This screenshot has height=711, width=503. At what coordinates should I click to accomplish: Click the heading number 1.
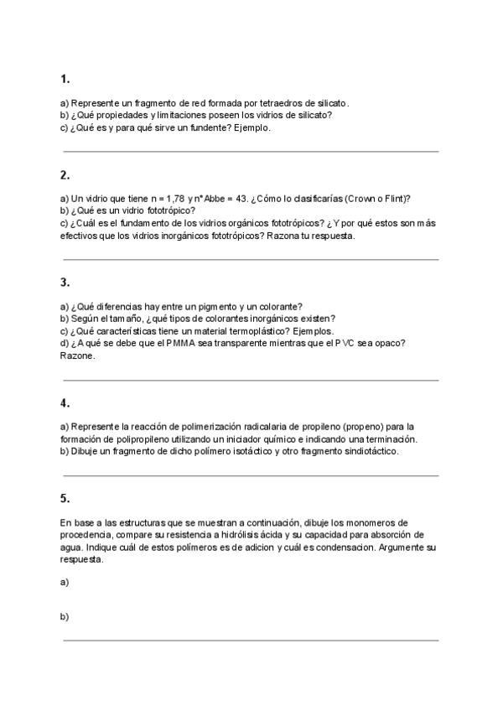tap(65, 79)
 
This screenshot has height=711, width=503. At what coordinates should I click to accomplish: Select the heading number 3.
tap(65, 283)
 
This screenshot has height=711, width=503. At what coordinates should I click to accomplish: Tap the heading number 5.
tap(65, 498)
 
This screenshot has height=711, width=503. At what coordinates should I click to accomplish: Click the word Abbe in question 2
tap(218, 199)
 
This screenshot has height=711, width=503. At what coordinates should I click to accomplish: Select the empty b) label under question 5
tap(65, 616)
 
